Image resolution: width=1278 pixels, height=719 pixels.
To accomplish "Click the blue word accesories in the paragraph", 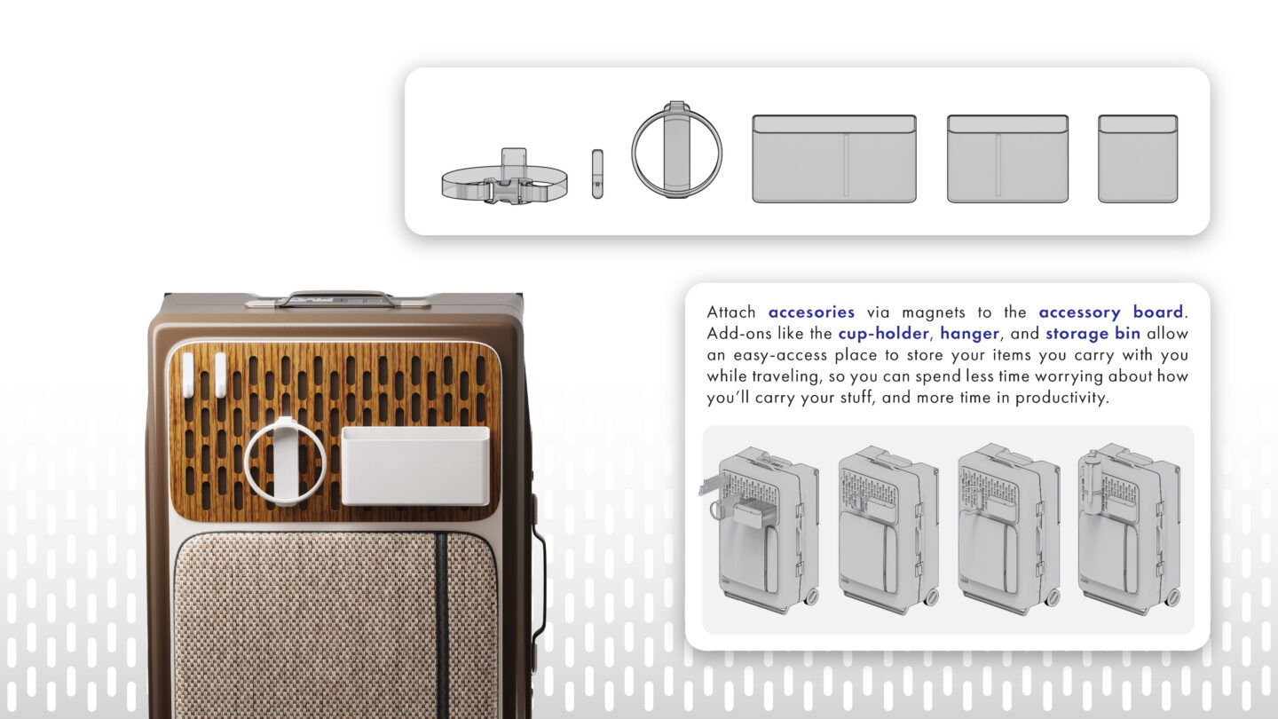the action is pyautogui.click(x=811, y=312).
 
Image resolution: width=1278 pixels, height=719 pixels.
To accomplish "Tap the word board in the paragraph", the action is pyautogui.click(x=1157, y=312).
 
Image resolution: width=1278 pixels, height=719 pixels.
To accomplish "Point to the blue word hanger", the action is pyautogui.click(x=970, y=333).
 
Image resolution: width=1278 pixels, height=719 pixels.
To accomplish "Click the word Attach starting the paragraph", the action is pyautogui.click(x=731, y=312).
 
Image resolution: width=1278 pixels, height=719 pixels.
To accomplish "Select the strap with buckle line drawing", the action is pyautogui.click(x=505, y=177).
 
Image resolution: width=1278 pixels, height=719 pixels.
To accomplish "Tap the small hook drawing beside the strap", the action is pyautogui.click(x=597, y=174).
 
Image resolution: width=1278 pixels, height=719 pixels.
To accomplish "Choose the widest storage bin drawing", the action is pyautogui.click(x=834, y=159).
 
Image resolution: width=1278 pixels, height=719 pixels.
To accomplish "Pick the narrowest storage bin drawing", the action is pyautogui.click(x=1138, y=159).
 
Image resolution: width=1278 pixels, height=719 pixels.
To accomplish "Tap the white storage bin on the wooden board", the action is pyautogui.click(x=415, y=466).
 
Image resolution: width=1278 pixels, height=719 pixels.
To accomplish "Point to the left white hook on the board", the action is pyautogui.click(x=188, y=375).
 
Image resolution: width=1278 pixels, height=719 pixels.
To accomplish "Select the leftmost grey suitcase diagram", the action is pyautogui.click(x=760, y=530).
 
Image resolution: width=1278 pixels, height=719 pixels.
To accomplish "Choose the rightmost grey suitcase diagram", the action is pyautogui.click(x=1130, y=528).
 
